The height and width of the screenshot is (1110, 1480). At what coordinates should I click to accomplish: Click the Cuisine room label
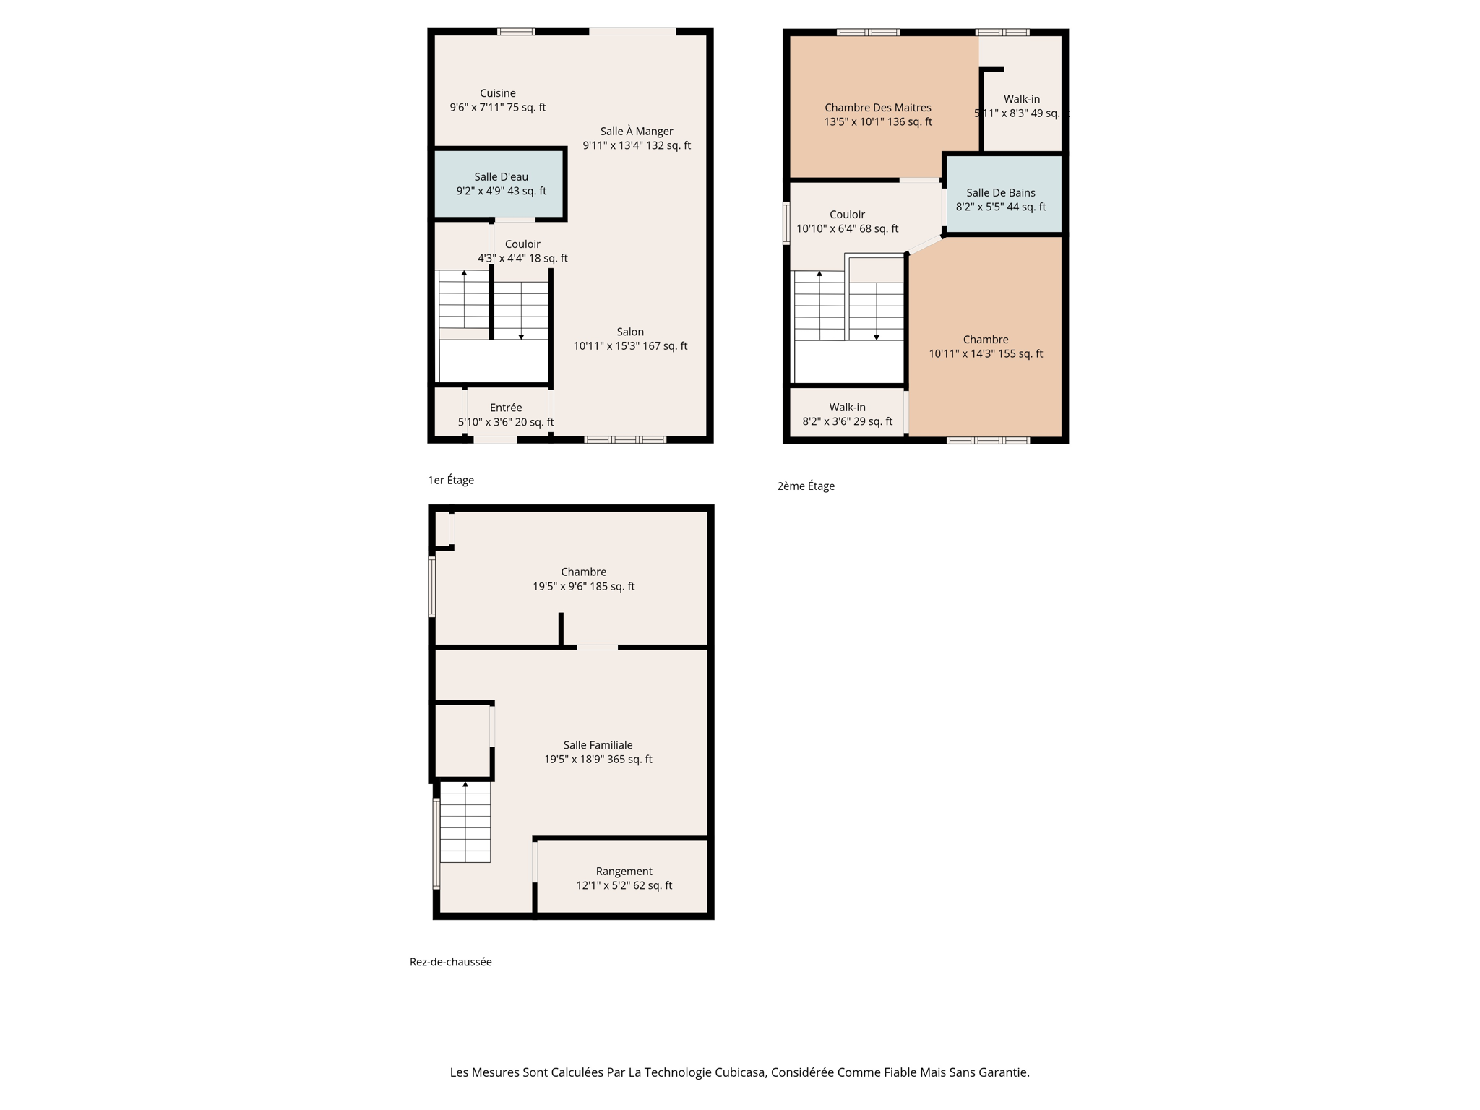497,93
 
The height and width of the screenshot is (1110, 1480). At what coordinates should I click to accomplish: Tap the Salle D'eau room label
501,177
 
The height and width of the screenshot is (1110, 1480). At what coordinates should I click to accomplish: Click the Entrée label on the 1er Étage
505,408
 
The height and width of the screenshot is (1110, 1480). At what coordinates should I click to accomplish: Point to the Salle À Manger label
636,132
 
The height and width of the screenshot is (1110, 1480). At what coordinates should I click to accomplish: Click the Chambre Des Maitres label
877,108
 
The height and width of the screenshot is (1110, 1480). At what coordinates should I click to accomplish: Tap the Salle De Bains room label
1000,193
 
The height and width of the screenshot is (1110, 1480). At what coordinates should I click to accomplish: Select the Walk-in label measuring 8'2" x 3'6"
847,408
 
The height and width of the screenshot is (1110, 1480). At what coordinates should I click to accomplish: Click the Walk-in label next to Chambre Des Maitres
1021,100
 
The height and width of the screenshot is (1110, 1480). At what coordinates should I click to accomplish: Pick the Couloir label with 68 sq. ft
847,215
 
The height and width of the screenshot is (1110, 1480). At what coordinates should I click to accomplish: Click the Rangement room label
624,872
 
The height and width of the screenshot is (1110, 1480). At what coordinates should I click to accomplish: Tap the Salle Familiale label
598,745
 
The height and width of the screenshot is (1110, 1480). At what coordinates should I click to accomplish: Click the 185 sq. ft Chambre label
583,572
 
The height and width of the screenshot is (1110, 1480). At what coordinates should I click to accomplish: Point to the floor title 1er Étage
451,481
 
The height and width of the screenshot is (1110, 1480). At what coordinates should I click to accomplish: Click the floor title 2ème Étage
806,486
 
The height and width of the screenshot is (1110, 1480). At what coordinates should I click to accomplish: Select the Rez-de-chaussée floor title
450,962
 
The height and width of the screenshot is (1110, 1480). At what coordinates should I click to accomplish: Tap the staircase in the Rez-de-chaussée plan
465,824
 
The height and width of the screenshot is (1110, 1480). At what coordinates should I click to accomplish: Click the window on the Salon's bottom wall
624,439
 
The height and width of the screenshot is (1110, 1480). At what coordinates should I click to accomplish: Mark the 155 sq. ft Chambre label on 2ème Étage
985,340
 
